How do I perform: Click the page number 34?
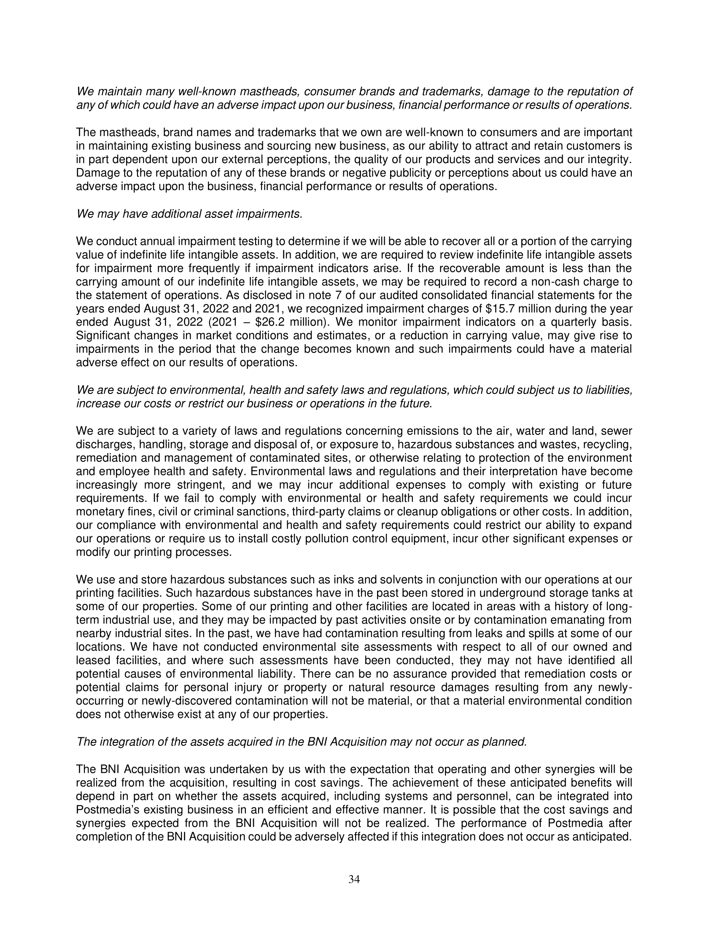click(x=354, y=879)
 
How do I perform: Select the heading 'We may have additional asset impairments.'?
click(x=189, y=214)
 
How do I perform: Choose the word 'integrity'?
click(x=607, y=160)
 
